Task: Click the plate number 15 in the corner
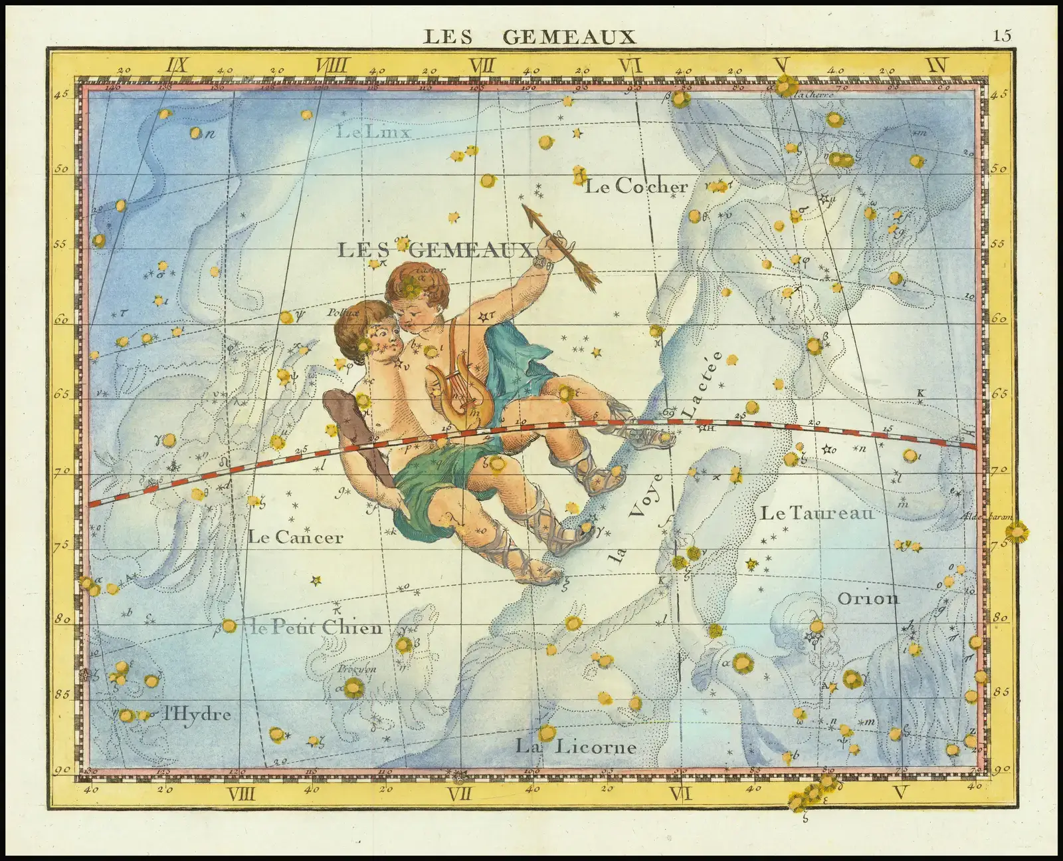tap(1003, 35)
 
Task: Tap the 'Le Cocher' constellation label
tap(636, 187)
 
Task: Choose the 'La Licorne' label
tap(576, 747)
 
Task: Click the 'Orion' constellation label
tap(868, 598)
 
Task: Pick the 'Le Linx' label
tap(373, 132)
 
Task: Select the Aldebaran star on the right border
tap(1015, 533)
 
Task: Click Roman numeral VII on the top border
tap(482, 66)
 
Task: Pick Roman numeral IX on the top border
tap(178, 66)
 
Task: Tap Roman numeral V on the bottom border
tap(901, 793)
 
